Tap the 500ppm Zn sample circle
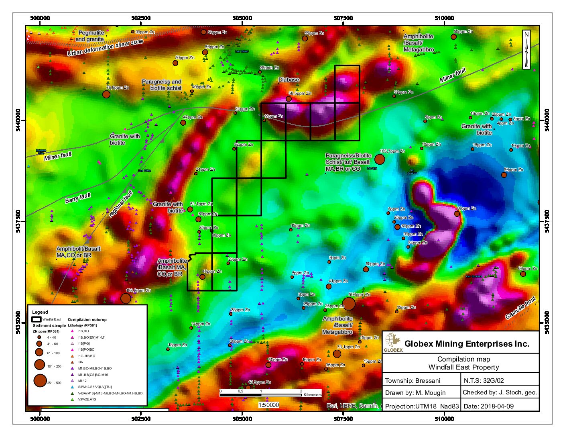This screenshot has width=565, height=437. tap(349, 304)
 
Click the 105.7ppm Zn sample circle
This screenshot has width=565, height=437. tap(379, 159)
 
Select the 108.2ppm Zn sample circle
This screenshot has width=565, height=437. tap(126, 298)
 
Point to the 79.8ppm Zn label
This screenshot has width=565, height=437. tap(118, 88)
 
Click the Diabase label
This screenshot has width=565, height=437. tap(289, 80)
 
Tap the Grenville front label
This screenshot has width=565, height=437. tap(520, 308)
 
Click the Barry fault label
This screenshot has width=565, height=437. tap(78, 198)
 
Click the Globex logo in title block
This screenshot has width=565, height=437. tap(393, 343)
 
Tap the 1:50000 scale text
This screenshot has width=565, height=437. tap(268, 405)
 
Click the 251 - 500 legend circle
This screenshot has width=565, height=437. tap(40, 380)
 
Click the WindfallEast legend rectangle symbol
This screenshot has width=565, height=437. tap(37, 319)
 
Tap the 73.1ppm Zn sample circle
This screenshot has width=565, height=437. tap(337, 354)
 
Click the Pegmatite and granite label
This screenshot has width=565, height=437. tap(90, 36)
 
